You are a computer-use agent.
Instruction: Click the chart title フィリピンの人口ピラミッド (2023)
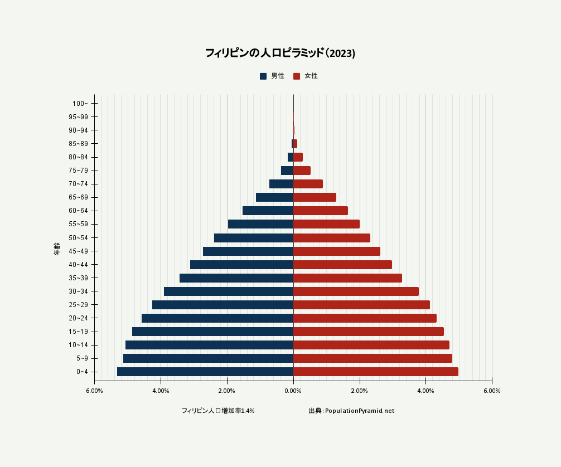[x=280, y=53]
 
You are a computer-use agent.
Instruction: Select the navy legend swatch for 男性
[x=263, y=76]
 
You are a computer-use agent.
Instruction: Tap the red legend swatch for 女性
[x=297, y=76]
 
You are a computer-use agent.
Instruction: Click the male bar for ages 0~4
[x=205, y=372]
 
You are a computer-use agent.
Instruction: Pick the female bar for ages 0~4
[x=375, y=372]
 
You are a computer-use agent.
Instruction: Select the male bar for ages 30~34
[x=229, y=291]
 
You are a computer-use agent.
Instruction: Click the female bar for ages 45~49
[x=336, y=251]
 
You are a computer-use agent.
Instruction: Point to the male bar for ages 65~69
[x=274, y=197]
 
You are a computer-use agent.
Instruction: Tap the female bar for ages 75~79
[x=302, y=171]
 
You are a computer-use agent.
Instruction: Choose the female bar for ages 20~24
[x=365, y=318]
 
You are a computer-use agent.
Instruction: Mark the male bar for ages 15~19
[x=212, y=332]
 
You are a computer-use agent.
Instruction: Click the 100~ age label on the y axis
[x=80, y=104]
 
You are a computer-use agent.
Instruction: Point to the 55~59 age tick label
[x=78, y=225]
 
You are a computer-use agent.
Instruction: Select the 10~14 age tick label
[x=78, y=345]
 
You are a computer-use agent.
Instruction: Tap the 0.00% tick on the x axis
[x=293, y=391]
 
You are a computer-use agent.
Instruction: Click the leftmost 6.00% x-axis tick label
[x=94, y=391]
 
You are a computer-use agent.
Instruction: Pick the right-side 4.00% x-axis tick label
[x=425, y=391]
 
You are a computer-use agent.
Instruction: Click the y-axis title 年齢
[x=57, y=249]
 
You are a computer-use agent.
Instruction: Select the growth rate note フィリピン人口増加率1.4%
[x=218, y=411]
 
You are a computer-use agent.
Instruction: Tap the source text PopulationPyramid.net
[x=359, y=411]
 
